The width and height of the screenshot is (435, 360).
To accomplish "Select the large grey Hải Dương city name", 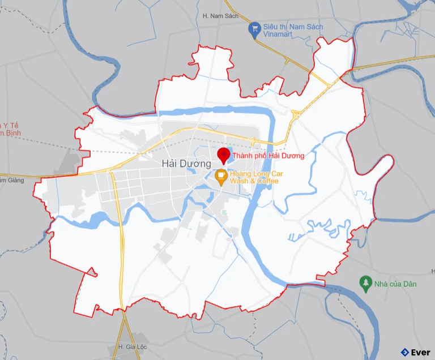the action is [x=186, y=163].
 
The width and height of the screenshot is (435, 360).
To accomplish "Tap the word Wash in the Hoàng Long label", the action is [x=241, y=181].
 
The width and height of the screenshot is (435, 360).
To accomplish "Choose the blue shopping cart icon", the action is [x=255, y=27].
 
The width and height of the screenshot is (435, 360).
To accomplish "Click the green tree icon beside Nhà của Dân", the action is [x=366, y=282].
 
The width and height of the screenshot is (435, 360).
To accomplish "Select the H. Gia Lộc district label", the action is [x=129, y=346].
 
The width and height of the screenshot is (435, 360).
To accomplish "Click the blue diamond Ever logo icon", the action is [x=404, y=352].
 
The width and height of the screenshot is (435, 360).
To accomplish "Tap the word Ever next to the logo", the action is [x=420, y=352].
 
